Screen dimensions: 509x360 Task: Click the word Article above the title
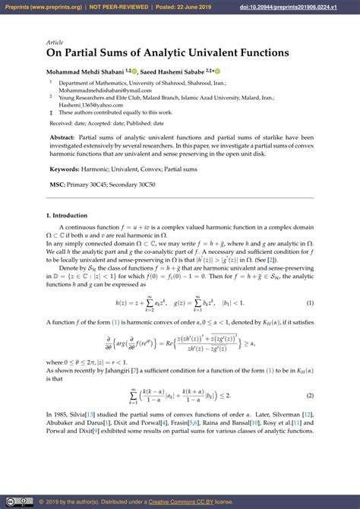(x=55, y=43)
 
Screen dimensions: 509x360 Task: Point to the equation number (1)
(x=310, y=302)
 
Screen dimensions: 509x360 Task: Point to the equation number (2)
(x=310, y=395)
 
